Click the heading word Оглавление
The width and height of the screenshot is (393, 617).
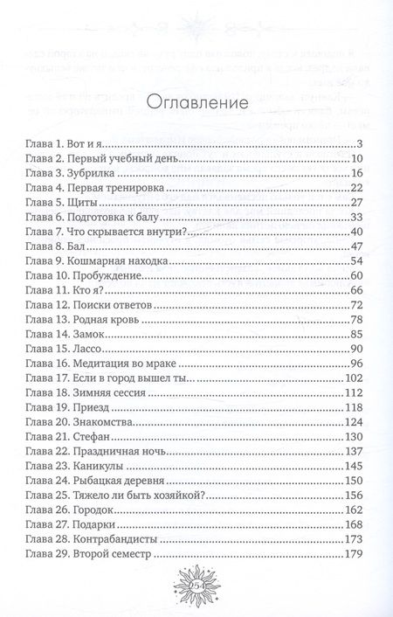point(196,103)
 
